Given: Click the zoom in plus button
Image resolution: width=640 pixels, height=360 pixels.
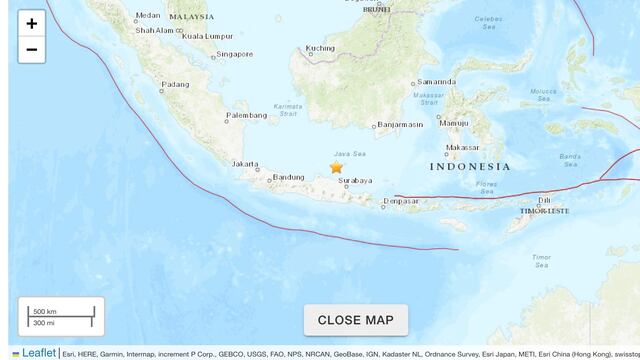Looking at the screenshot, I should pyautogui.click(x=31, y=24).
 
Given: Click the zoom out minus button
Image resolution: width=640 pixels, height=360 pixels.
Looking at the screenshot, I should pyautogui.click(x=31, y=50).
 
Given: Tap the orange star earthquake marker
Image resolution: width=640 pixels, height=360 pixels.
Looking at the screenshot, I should pyautogui.click(x=336, y=168).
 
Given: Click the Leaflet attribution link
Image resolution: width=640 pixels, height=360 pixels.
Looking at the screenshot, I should pyautogui.click(x=39, y=353).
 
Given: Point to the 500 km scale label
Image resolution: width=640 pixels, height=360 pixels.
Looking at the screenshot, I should pyautogui.click(x=44, y=311).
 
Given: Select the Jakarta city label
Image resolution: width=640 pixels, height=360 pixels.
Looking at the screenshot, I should pyautogui.click(x=245, y=163).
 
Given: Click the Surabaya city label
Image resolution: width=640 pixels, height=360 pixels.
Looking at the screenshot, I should pyautogui.click(x=356, y=181).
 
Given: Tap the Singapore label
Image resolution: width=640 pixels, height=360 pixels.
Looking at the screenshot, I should pyautogui.click(x=235, y=54).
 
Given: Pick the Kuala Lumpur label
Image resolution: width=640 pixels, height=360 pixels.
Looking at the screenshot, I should pyautogui.click(x=207, y=36).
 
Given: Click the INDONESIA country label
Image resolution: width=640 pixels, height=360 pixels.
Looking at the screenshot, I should pyautogui.click(x=470, y=167).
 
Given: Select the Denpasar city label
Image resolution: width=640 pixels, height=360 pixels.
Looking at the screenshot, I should pyautogui.click(x=401, y=204).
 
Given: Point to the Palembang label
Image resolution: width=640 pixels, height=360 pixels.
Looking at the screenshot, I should pyautogui.click(x=247, y=116).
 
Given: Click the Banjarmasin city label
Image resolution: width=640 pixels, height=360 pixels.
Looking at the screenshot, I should pyautogui.click(x=400, y=125).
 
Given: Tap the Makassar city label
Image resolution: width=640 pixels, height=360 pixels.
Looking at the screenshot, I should pyautogui.click(x=462, y=147).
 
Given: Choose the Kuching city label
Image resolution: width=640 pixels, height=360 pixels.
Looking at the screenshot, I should pyautogui.click(x=320, y=48).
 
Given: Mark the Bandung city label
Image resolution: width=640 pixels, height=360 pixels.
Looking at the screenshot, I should pyautogui.click(x=289, y=178).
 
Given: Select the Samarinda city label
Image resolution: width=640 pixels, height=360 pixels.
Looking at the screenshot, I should pyautogui.click(x=437, y=82).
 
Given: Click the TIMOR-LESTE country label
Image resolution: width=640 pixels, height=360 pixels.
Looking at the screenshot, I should pyautogui.click(x=544, y=211).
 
